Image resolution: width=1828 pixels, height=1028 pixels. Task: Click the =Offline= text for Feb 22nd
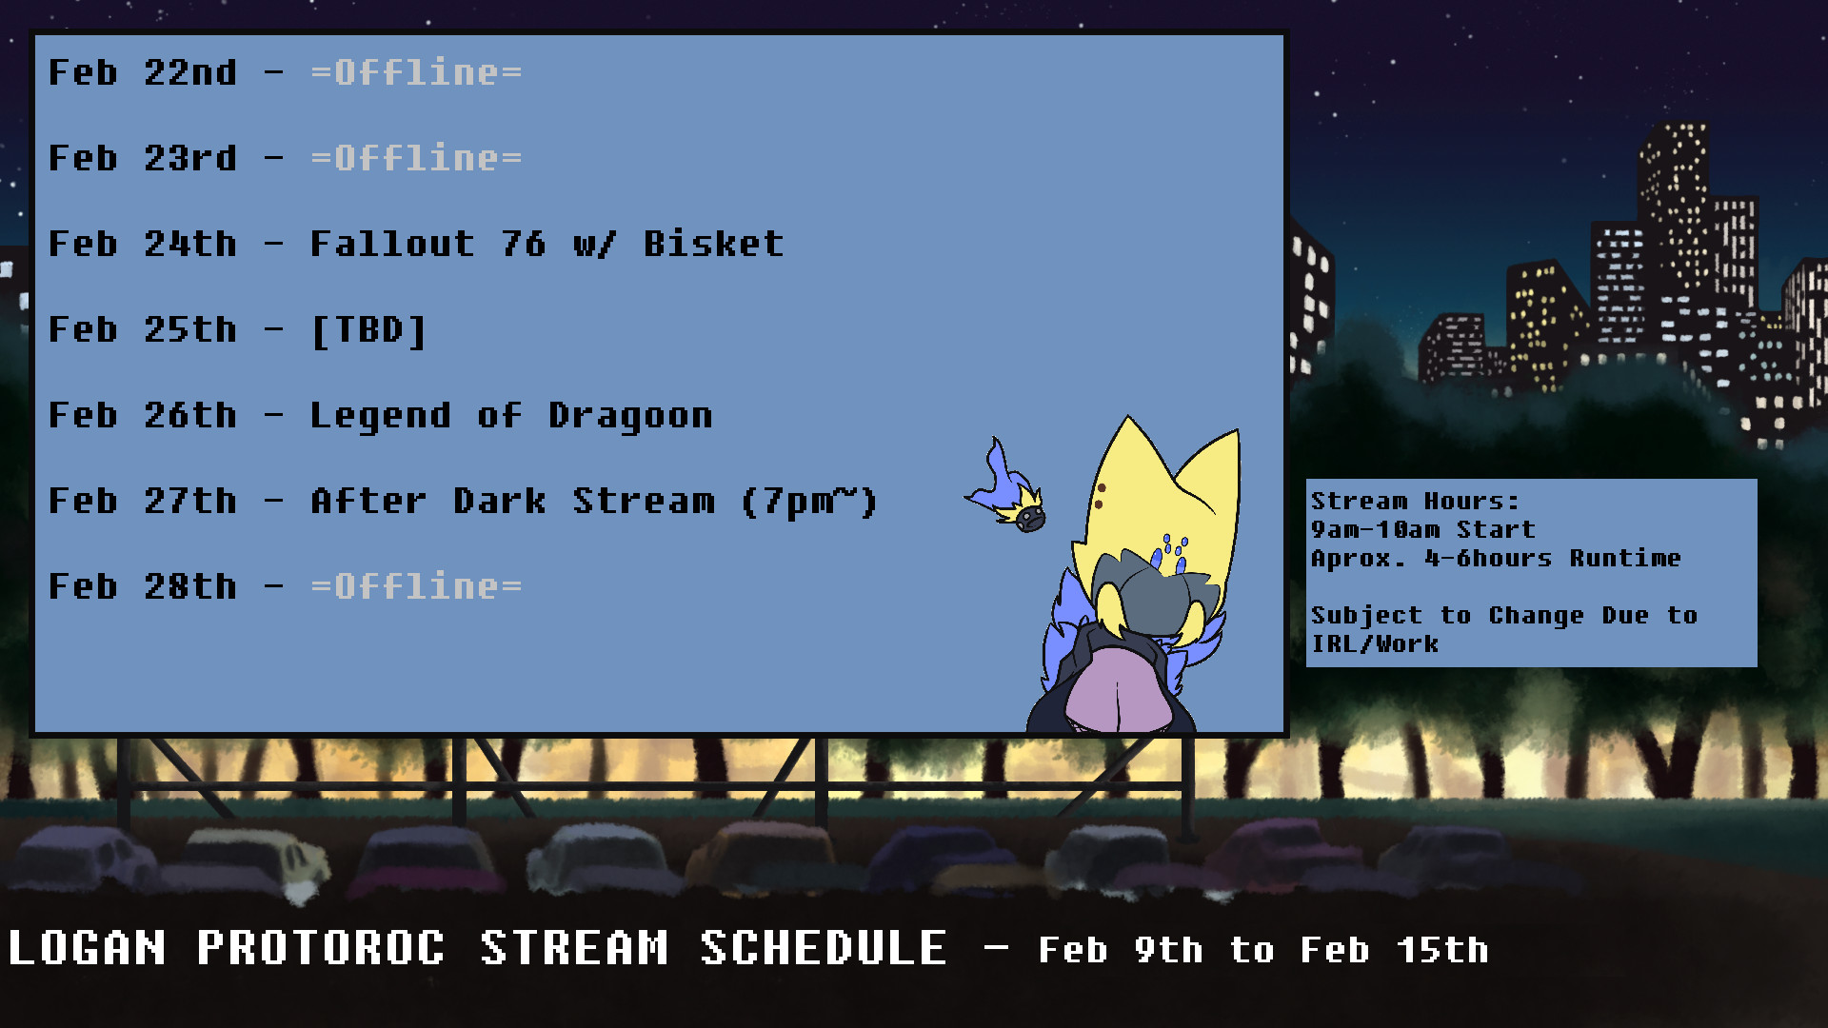[x=416, y=72]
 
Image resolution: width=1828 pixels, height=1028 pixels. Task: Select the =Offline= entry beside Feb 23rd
[x=416, y=158]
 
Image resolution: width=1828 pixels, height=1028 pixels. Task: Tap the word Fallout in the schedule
[x=392, y=244]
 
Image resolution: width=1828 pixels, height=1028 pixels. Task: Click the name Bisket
[x=713, y=244]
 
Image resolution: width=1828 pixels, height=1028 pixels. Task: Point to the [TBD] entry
[x=368, y=330]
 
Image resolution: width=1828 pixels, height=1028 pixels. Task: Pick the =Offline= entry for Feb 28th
[x=416, y=586]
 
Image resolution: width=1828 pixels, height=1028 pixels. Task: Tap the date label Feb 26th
[x=143, y=415]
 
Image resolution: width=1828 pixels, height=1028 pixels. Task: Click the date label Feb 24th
[x=143, y=244]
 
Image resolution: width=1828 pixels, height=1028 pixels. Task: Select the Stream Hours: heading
[x=1415, y=501]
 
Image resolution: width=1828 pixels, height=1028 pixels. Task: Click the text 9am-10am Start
[x=1423, y=529]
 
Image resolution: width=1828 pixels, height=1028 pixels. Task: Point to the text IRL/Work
[x=1375, y=643]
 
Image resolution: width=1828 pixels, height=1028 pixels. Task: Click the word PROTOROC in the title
[x=321, y=948]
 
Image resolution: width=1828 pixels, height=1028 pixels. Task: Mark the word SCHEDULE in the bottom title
[x=824, y=948]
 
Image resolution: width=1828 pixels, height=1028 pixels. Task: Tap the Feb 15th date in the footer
[x=1395, y=950]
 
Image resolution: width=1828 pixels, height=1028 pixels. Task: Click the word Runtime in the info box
[x=1625, y=558]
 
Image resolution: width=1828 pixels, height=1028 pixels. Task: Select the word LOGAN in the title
[x=87, y=948]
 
